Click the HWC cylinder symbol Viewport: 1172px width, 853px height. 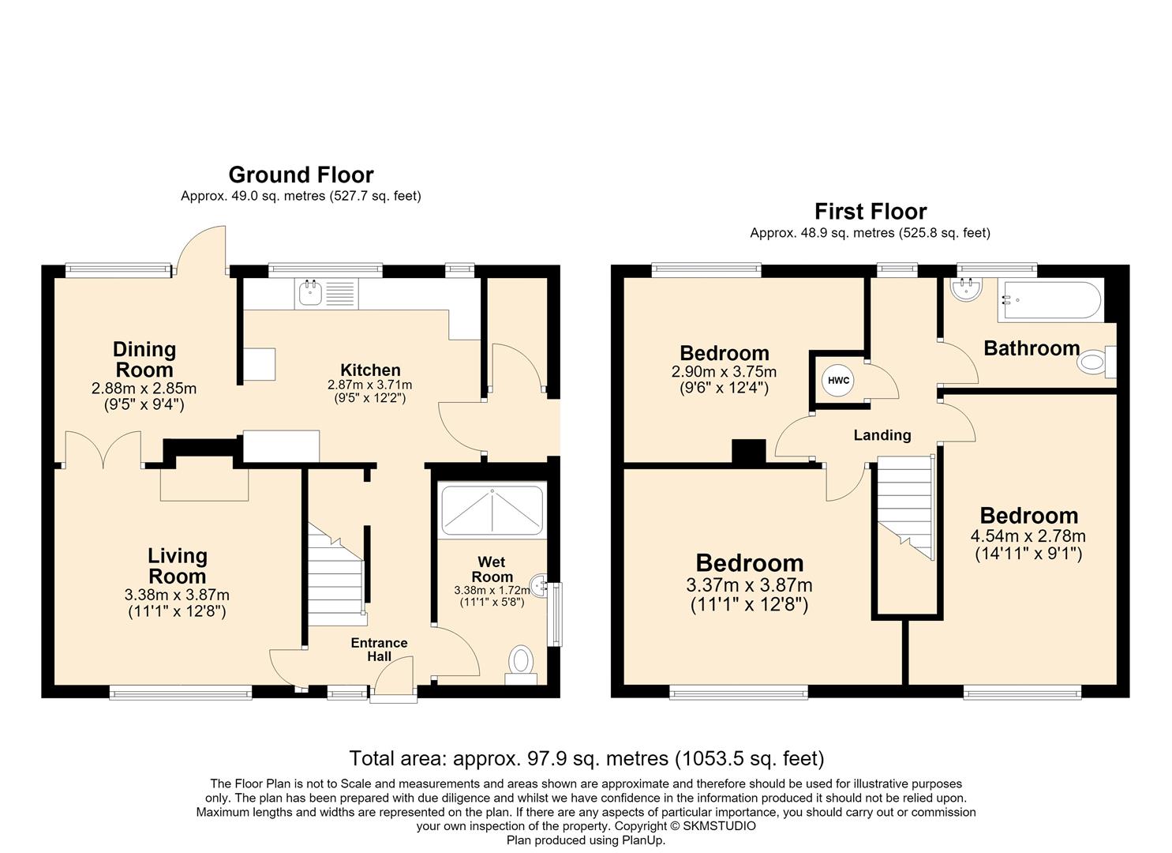pyautogui.click(x=838, y=380)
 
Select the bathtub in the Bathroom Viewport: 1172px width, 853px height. pyautogui.click(x=1050, y=301)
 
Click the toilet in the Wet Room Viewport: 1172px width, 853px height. pyautogui.click(x=521, y=665)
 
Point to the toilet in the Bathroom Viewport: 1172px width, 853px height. pyautogui.click(x=1096, y=362)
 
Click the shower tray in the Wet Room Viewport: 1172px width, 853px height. pyautogui.click(x=492, y=510)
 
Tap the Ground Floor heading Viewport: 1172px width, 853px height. pyautogui.click(x=301, y=175)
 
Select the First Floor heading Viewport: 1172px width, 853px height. pyautogui.click(x=871, y=212)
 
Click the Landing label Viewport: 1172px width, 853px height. pyautogui.click(x=882, y=435)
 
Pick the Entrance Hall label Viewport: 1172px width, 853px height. pyautogui.click(x=379, y=649)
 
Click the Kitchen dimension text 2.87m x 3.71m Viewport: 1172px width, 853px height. pyautogui.click(x=370, y=385)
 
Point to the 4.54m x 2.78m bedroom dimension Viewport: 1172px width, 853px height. pyautogui.click(x=1028, y=535)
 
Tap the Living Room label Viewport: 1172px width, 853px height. pyautogui.click(x=178, y=566)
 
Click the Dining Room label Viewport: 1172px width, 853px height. pyautogui.click(x=144, y=359)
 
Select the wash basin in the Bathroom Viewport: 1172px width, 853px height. pyautogui.click(x=966, y=289)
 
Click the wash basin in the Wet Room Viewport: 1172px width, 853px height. pyautogui.click(x=539, y=583)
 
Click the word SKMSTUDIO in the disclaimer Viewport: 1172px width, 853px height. pyautogui.click(x=720, y=826)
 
